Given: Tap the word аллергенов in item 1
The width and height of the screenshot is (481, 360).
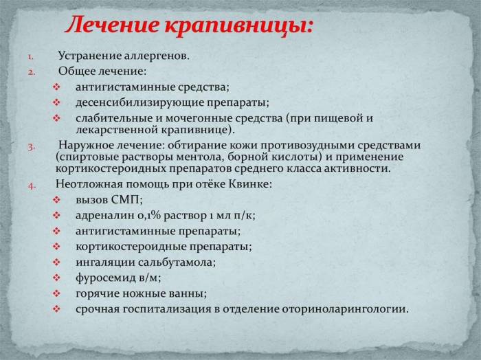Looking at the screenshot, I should (155, 55).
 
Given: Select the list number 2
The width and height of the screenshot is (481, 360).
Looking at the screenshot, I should (31, 71).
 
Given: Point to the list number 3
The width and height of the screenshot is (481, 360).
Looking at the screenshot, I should (31, 146).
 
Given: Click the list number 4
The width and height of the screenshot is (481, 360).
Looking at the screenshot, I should (31, 185).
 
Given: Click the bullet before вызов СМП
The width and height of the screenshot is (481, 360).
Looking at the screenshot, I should (56, 201).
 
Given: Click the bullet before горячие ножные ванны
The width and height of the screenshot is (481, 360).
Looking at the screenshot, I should (56, 293).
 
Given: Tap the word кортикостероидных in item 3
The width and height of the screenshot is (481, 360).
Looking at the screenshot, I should (104, 168).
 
